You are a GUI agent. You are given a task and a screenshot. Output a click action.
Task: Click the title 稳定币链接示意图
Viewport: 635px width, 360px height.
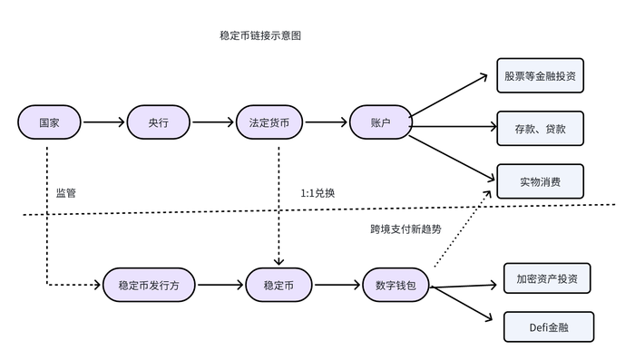point(259,36)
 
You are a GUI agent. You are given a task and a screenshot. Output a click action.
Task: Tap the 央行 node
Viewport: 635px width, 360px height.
point(159,122)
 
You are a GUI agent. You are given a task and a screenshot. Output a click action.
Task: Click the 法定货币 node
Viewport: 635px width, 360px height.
point(269,122)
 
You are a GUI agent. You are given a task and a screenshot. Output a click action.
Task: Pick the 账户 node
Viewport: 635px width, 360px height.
point(380,122)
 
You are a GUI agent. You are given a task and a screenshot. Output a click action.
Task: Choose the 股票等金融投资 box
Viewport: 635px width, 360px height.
point(539,75)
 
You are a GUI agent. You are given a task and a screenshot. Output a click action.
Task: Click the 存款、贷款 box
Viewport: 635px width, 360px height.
point(539,128)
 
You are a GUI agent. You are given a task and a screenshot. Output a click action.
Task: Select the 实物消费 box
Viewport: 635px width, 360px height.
point(539,181)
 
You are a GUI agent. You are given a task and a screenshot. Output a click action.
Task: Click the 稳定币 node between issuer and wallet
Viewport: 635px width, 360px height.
point(278,284)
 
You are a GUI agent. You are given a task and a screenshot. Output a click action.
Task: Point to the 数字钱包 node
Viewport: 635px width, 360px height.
point(396,284)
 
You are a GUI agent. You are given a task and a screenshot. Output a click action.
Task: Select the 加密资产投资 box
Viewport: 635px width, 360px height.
point(547,278)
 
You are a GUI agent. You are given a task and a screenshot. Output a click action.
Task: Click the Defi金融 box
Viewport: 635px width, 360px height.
point(548,326)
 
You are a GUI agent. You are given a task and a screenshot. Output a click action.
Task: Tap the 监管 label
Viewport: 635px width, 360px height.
point(66,193)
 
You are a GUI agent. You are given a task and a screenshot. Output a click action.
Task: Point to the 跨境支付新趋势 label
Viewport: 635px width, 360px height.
point(405,229)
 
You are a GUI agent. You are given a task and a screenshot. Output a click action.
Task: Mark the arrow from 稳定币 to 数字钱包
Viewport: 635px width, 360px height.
point(337,284)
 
